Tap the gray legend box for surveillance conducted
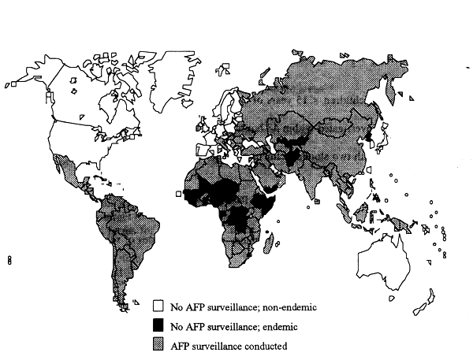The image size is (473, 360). point(158,343)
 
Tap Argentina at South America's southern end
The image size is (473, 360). point(118,276)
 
